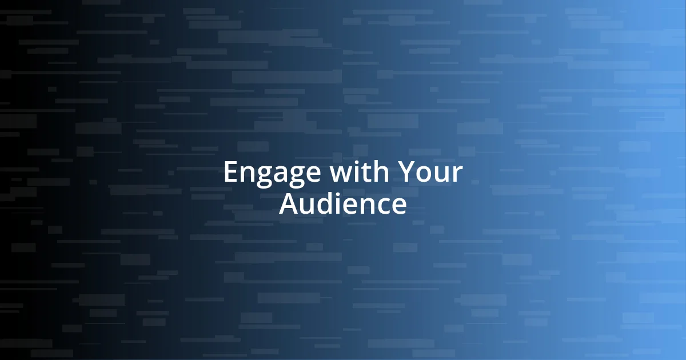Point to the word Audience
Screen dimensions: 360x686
(343, 204)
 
